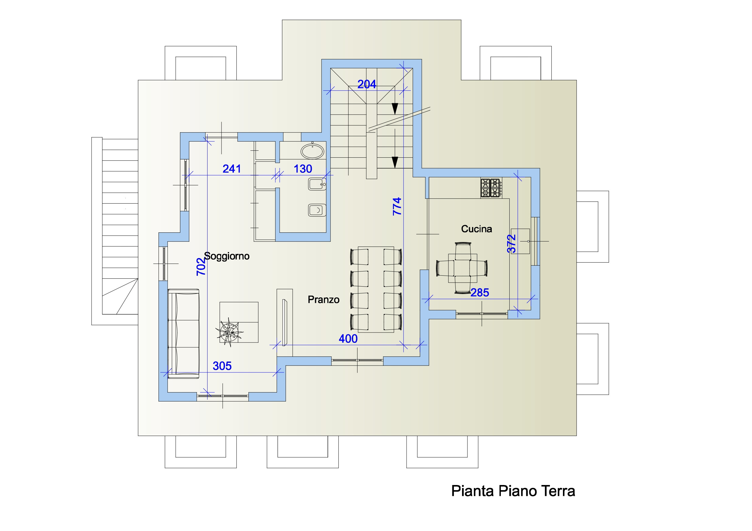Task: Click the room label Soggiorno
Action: (x=227, y=256)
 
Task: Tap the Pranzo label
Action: (x=324, y=300)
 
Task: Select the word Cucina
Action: (x=477, y=229)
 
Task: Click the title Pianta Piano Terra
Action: (x=513, y=491)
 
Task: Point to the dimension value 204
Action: (x=367, y=84)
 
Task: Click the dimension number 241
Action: (x=232, y=169)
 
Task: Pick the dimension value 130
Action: (x=303, y=169)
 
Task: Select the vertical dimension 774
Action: (x=397, y=206)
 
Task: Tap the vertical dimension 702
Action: (x=201, y=267)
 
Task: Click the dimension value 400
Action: (x=348, y=339)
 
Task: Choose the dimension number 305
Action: (x=222, y=366)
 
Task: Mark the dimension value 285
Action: (x=480, y=293)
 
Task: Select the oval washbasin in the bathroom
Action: (x=312, y=152)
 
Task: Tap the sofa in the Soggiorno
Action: (x=183, y=334)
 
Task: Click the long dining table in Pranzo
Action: (x=376, y=290)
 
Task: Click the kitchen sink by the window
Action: (x=521, y=241)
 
